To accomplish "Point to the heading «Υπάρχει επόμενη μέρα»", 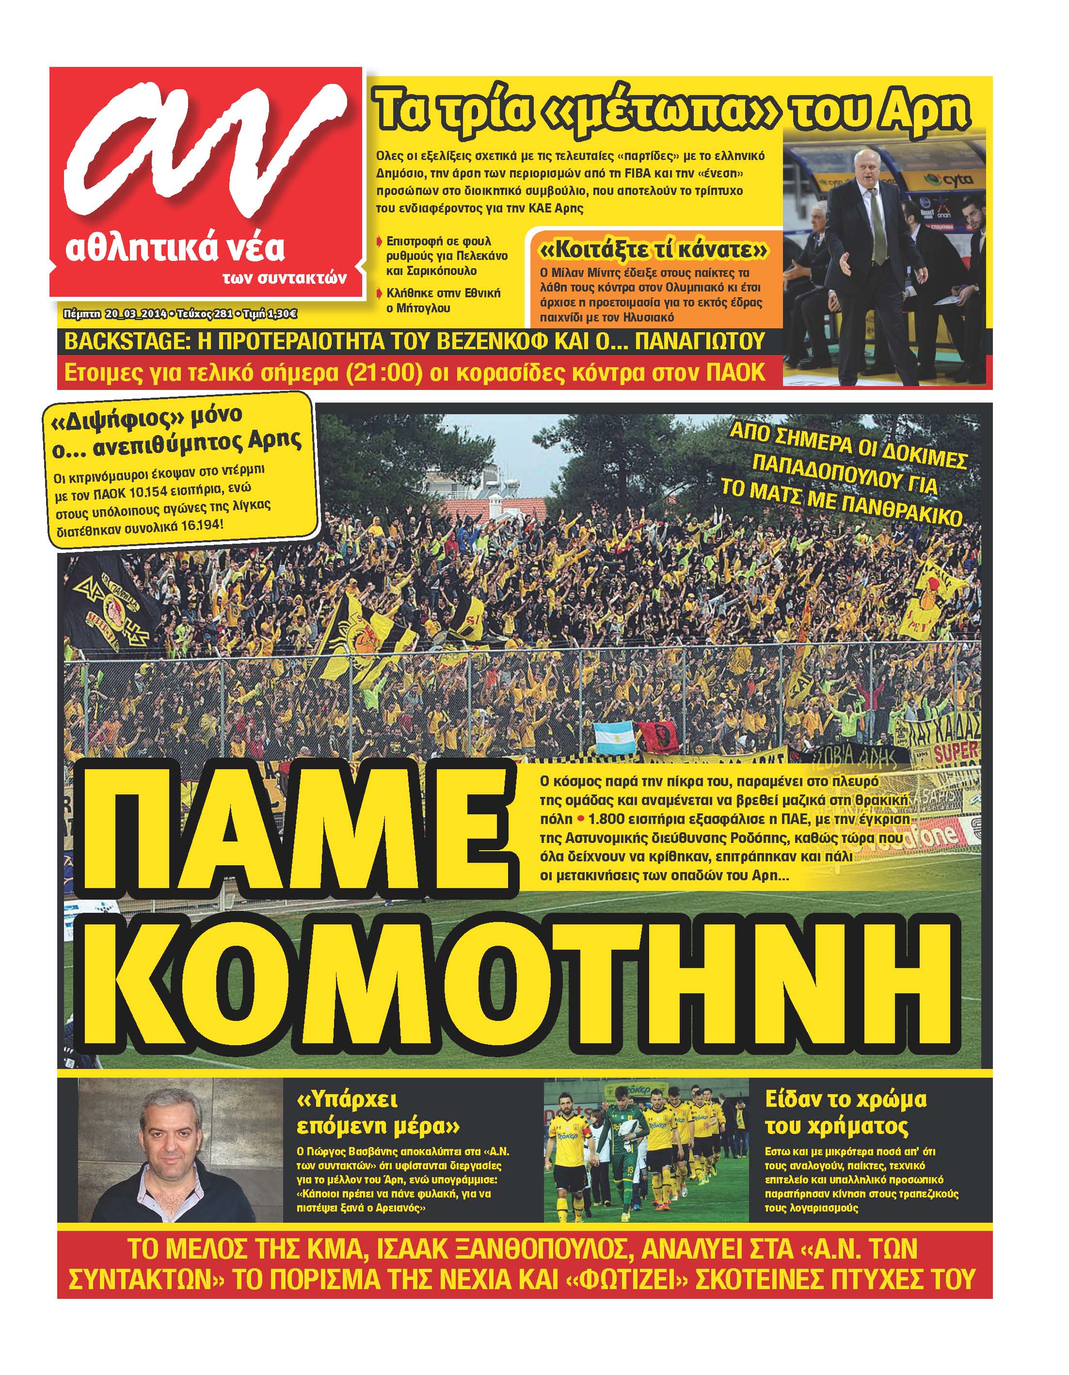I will tap(378, 1113).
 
